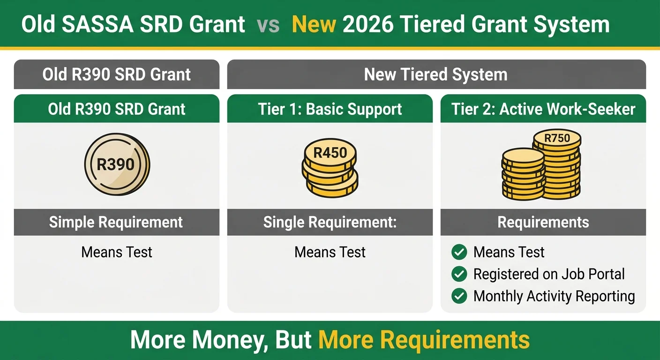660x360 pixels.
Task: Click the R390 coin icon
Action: (116, 164)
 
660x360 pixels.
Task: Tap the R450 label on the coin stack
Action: (330, 153)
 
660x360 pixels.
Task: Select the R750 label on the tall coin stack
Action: (557, 138)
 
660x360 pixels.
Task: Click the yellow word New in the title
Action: (314, 24)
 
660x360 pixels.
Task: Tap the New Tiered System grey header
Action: (436, 75)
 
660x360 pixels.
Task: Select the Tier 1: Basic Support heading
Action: (330, 109)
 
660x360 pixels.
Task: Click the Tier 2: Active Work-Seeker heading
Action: (543, 109)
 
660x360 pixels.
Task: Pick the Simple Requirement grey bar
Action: (116, 222)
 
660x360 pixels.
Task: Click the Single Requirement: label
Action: (330, 222)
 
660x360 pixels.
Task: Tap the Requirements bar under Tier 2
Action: (543, 222)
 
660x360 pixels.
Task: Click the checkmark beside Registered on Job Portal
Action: (459, 274)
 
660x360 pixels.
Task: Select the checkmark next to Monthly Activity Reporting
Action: (459, 296)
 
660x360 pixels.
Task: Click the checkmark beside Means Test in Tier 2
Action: (459, 252)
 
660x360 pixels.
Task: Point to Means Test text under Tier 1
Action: (330, 252)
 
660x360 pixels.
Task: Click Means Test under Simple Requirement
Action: (116, 252)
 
